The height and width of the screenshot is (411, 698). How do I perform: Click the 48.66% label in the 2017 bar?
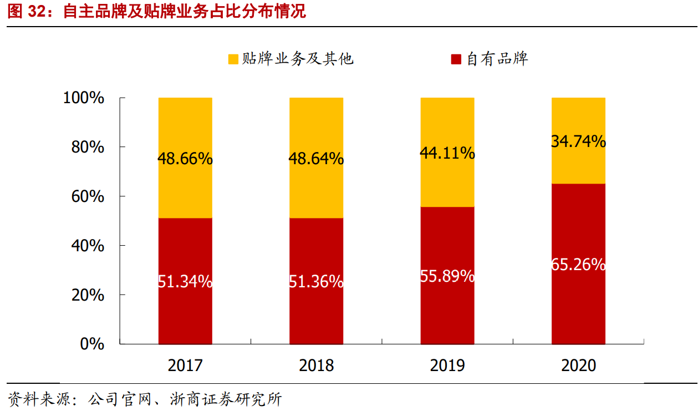click(185, 159)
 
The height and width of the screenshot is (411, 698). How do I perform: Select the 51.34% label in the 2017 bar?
click(185, 282)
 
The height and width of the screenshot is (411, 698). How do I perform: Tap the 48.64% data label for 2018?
click(316, 159)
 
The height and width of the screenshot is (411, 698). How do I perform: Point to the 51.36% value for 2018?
click(316, 282)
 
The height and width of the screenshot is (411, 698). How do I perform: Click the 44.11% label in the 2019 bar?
click(447, 153)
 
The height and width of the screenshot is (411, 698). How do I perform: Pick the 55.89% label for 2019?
click(447, 276)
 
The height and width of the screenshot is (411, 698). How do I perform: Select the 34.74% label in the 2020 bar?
click(578, 141)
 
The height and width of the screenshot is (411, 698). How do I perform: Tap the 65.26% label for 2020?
click(578, 265)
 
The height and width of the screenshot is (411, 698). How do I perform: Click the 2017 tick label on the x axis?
click(185, 365)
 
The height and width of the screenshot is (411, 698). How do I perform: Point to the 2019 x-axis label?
click(447, 365)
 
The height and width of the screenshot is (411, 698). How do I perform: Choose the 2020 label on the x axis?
click(578, 365)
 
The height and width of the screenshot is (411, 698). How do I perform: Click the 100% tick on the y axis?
click(84, 98)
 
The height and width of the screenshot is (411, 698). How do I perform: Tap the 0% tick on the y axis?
click(92, 344)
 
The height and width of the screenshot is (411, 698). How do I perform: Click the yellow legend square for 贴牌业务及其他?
click(233, 59)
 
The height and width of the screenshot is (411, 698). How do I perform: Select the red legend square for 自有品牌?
click(456, 59)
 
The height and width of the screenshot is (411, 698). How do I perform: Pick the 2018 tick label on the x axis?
click(316, 365)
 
